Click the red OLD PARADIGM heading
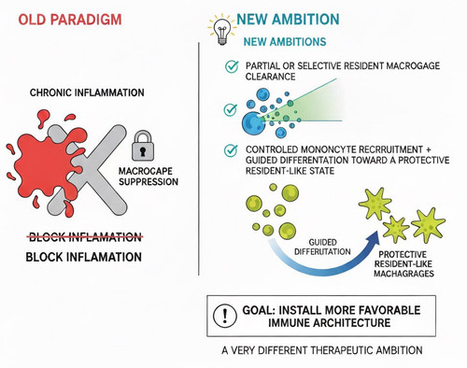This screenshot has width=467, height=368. click(x=70, y=20)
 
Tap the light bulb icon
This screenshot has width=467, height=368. click(x=221, y=30)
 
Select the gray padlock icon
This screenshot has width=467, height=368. click(x=143, y=146)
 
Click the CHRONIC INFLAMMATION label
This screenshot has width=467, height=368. click(x=87, y=92)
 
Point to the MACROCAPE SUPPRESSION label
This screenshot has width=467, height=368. click(x=149, y=177)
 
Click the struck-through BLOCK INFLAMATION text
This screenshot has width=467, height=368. click(x=85, y=237)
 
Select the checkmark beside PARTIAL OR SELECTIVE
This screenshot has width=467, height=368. click(x=232, y=66)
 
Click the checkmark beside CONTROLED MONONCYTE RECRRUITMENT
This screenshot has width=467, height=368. click(x=231, y=150)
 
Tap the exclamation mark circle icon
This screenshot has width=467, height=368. click(x=225, y=316)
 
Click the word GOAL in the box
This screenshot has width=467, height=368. click(x=257, y=310)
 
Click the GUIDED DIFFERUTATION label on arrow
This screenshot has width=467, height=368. click(x=322, y=247)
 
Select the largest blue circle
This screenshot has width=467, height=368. click(x=254, y=123)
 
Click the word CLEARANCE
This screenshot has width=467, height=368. click(x=270, y=77)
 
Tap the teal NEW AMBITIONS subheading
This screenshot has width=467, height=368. click(x=285, y=42)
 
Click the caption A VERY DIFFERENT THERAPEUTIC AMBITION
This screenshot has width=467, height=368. click(x=322, y=350)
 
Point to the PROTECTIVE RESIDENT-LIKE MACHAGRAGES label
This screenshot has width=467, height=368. click(x=403, y=264)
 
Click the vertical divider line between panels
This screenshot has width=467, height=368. click(x=199, y=159)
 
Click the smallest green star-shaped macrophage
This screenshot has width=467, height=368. click(x=396, y=229)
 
